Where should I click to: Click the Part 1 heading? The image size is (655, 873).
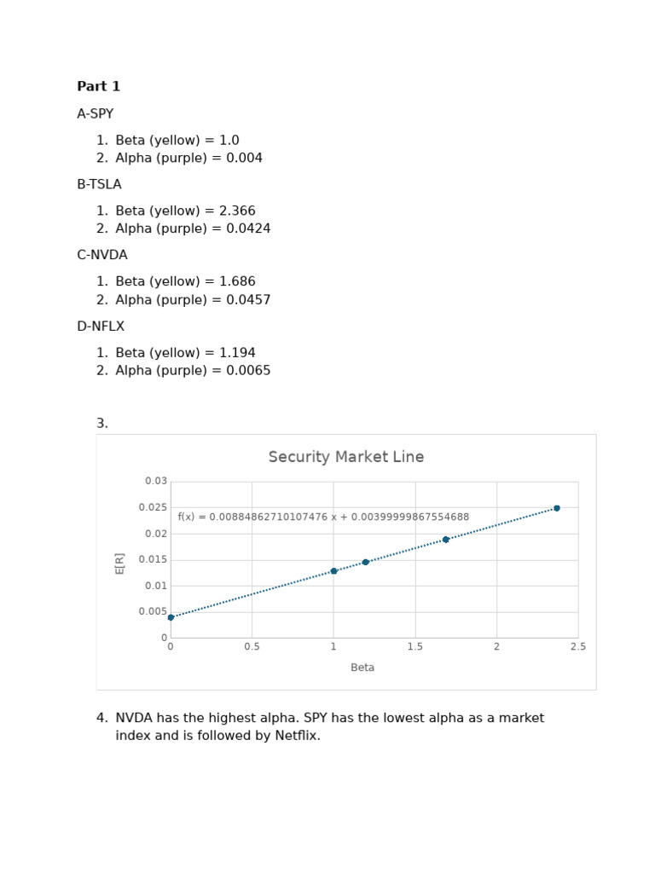point(98,86)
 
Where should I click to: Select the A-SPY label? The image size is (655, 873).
point(95,113)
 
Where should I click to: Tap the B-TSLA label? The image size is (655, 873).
point(99,184)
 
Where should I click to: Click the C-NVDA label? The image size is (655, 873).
point(101,255)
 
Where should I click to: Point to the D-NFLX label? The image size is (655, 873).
point(101,327)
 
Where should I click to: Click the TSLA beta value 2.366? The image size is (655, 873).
point(238,211)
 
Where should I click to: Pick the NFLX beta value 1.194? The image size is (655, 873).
point(238,353)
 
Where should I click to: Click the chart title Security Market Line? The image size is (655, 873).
point(345,457)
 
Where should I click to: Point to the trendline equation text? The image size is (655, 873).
point(323,517)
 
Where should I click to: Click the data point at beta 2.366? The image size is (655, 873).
point(557,508)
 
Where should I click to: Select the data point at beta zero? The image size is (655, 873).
point(171,617)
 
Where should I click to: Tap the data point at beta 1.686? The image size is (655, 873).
point(445,540)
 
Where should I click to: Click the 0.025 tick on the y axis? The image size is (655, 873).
point(154,508)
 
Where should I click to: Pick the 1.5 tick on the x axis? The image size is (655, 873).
point(414,647)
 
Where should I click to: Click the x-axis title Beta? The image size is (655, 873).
point(362,668)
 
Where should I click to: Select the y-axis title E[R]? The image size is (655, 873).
point(120,563)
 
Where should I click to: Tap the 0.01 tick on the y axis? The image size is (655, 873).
point(157,586)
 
